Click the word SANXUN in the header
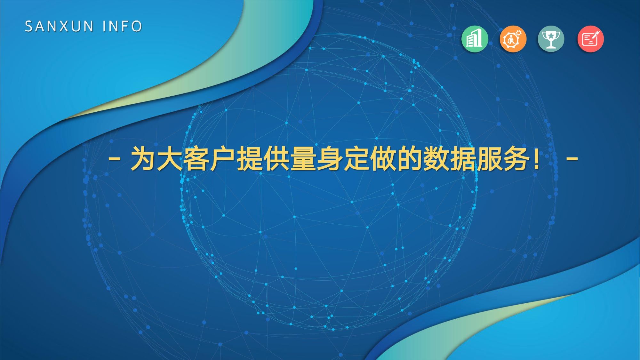click(59, 26)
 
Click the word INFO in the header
click(123, 26)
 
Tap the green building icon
click(475, 39)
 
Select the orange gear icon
click(513, 39)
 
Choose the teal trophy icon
click(551, 39)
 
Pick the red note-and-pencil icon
click(591, 39)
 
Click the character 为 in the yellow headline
click(143, 158)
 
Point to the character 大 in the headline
click(170, 158)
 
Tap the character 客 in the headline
click(196, 158)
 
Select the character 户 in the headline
click(223, 158)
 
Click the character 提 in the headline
click(250, 158)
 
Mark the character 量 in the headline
click(303, 158)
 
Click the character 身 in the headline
click(330, 158)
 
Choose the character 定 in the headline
click(356, 158)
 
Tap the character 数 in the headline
click(436, 158)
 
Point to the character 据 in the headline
click(463, 158)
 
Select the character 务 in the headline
click(516, 158)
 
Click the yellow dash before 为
click(114, 158)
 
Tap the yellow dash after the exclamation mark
click(572, 158)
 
